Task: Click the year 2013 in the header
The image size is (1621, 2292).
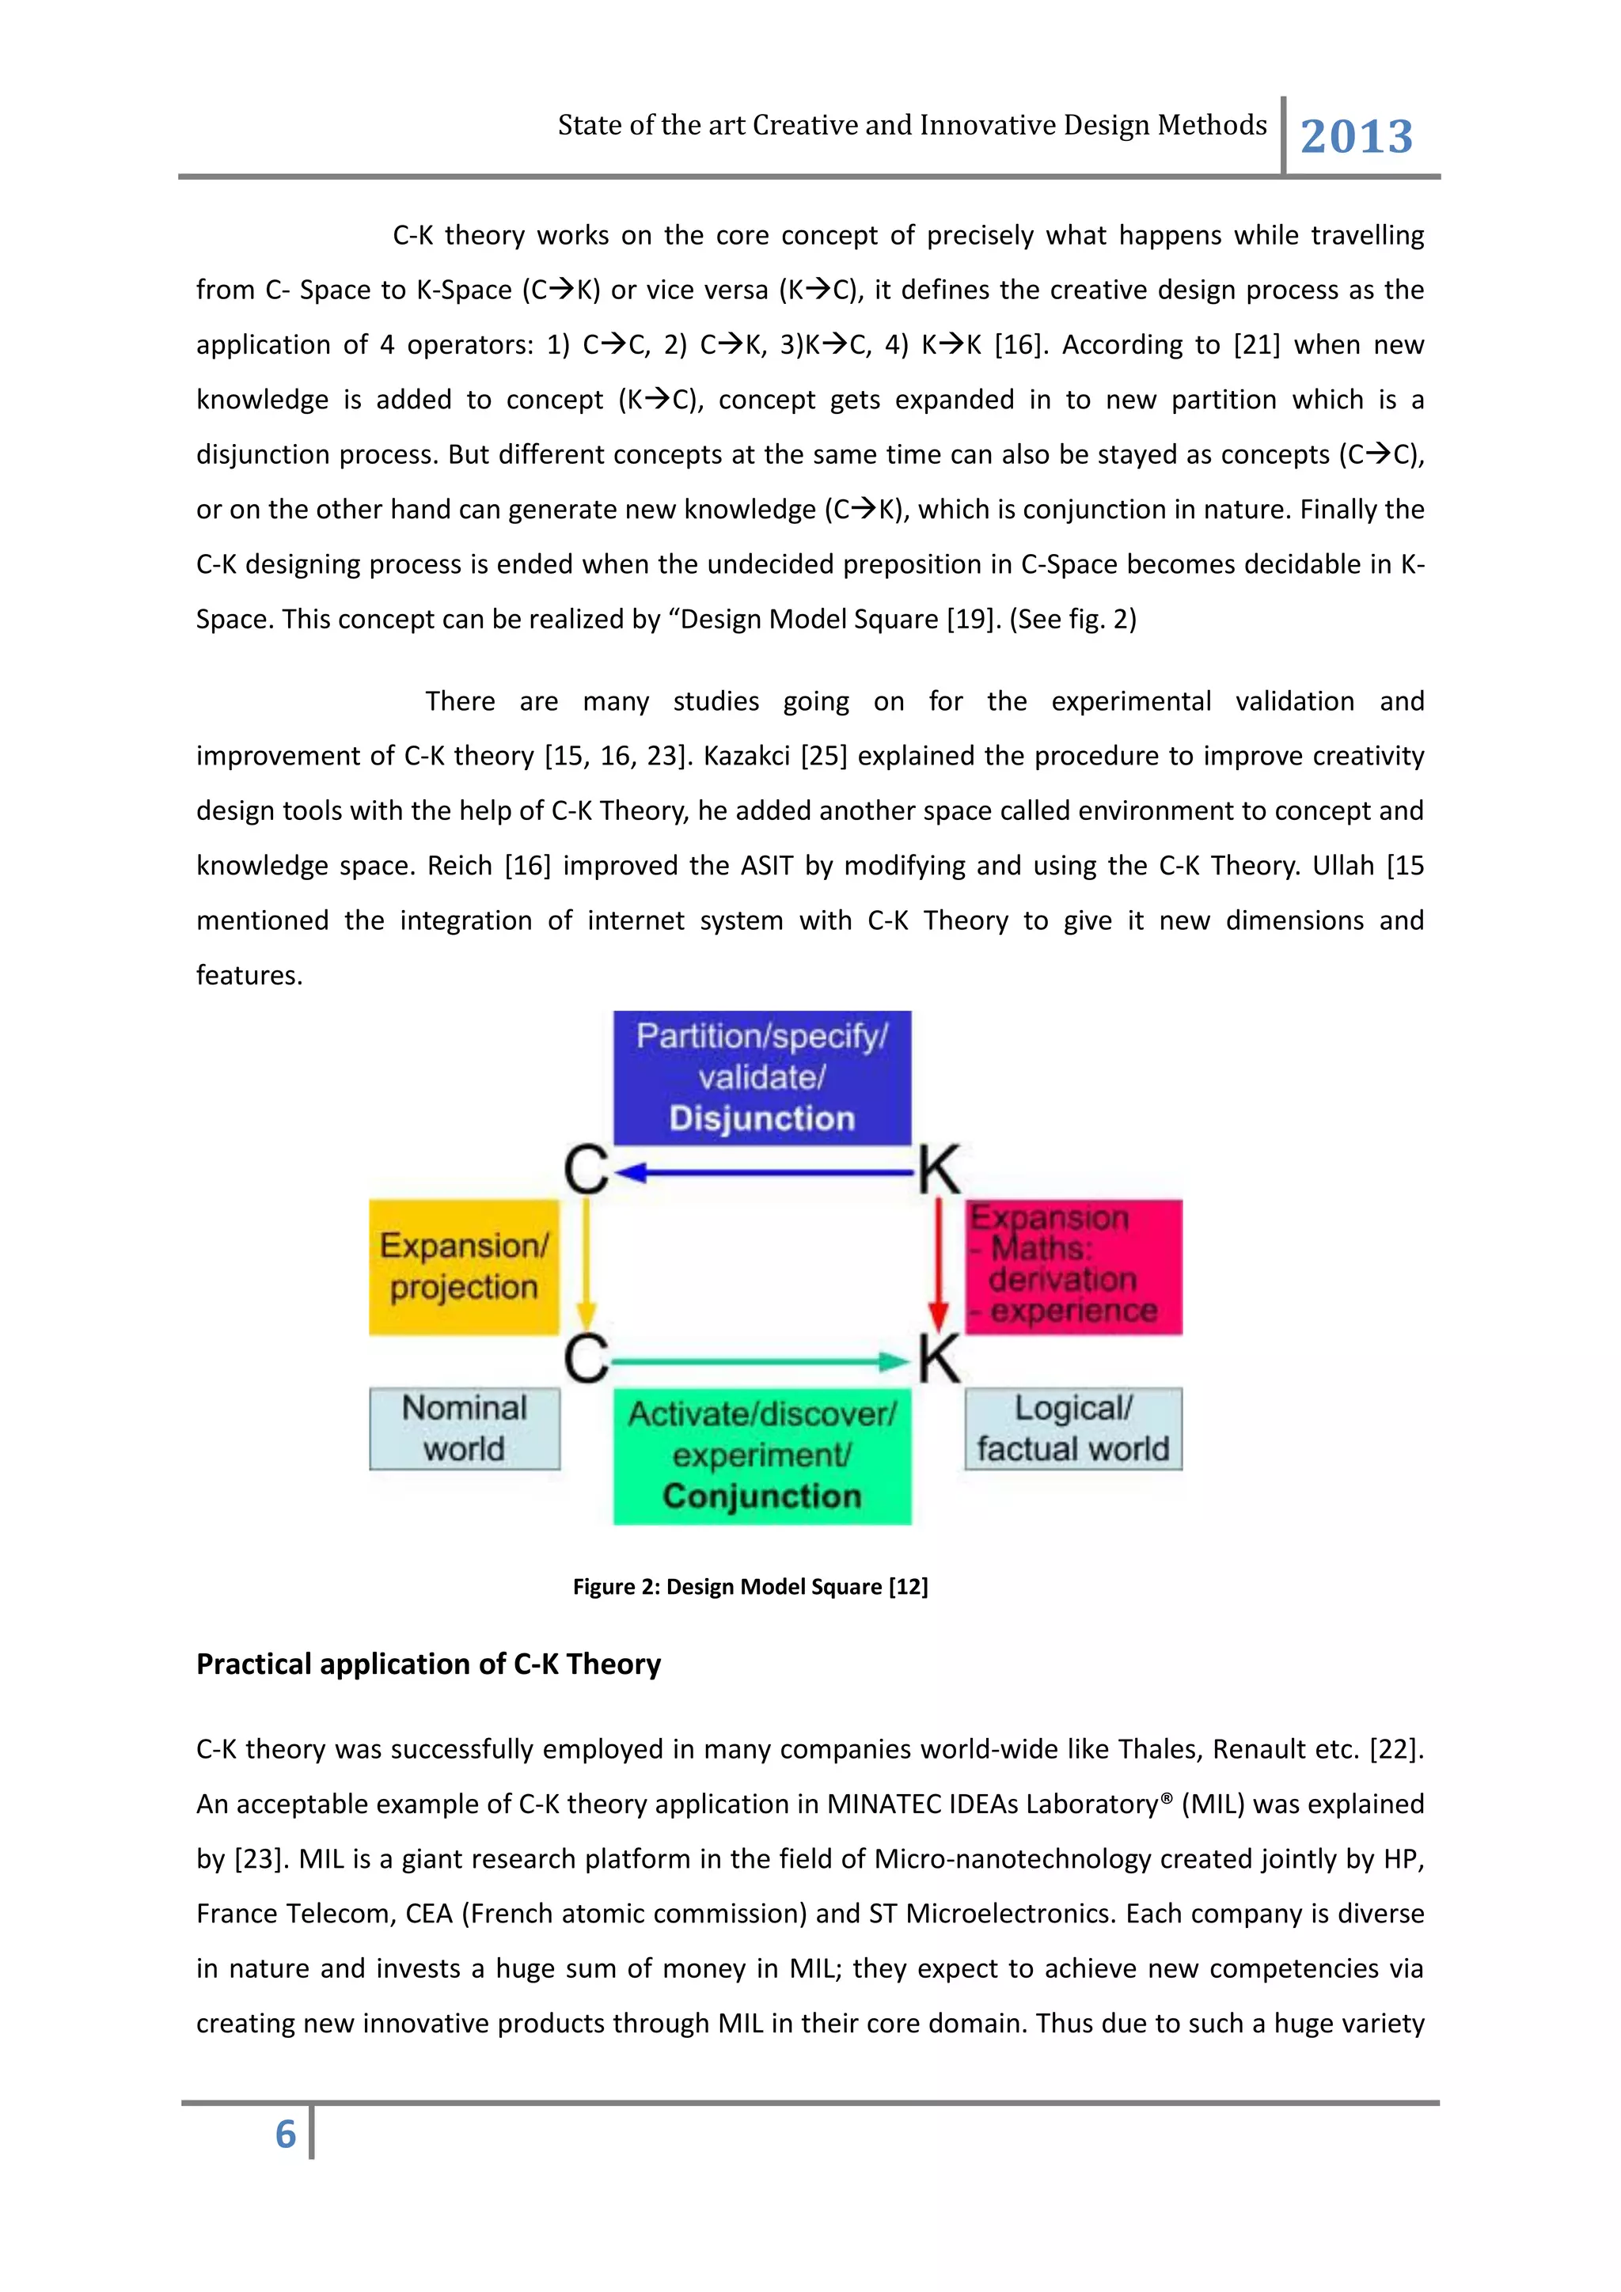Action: point(1357,137)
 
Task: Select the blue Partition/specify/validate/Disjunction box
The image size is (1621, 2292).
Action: point(761,1077)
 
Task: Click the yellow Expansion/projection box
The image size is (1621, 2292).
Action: point(464,1267)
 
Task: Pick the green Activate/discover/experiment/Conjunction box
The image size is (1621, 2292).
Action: point(761,1455)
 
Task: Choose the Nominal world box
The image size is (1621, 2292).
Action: point(464,1429)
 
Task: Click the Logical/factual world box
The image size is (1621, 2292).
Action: point(1073,1429)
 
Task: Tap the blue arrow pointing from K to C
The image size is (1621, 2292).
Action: point(764,1173)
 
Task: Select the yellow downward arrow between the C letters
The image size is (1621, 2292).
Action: point(587,1263)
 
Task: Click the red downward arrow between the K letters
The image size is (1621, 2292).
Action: point(938,1263)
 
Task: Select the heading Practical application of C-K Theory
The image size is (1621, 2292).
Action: point(428,1664)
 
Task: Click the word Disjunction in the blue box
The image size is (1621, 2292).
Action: point(761,1118)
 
